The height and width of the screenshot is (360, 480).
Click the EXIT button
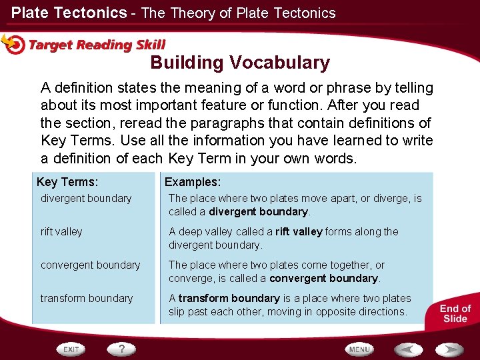(71, 349)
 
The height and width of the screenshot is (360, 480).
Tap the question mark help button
(122, 349)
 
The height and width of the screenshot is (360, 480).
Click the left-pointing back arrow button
(408, 349)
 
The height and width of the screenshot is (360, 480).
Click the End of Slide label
(455, 313)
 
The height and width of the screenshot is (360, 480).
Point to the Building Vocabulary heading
(240, 63)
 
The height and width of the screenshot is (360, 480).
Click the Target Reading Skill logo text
(97, 45)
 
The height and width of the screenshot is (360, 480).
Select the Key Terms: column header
(67, 182)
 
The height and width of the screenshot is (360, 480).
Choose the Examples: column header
(193, 182)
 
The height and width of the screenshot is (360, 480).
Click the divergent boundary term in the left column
(86, 198)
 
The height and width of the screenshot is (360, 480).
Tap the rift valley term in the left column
(61, 231)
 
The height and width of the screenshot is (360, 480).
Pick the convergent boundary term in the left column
(90, 265)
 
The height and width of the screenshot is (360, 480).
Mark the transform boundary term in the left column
(87, 298)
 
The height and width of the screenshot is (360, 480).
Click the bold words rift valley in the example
(299, 231)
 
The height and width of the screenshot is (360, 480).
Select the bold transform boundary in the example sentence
(229, 298)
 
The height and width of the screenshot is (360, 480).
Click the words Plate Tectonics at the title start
(69, 13)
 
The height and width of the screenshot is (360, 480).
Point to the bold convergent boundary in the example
(324, 278)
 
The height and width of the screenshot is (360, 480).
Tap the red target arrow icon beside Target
(13, 44)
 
